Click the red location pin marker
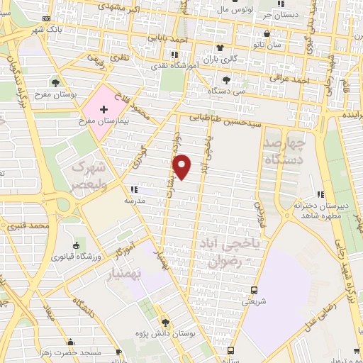click(x=182, y=167)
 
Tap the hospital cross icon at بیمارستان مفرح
click(x=104, y=110)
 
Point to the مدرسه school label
click(x=135, y=201)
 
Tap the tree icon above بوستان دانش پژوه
click(x=166, y=321)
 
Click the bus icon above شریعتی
click(x=254, y=290)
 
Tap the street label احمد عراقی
click(x=289, y=82)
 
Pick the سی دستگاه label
click(x=226, y=91)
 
